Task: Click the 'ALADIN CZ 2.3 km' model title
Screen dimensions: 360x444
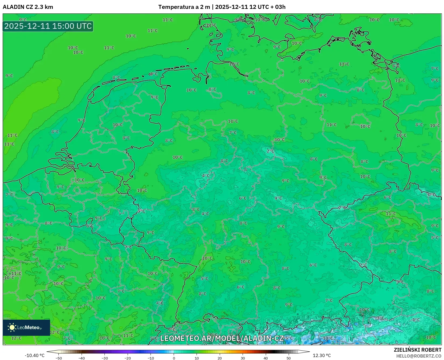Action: [28, 7]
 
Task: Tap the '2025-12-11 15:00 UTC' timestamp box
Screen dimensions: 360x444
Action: [48, 26]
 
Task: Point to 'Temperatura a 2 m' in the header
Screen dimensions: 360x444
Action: [184, 7]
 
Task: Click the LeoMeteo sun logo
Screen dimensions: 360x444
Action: [12, 327]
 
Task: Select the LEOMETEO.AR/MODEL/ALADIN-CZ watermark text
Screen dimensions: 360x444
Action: [222, 338]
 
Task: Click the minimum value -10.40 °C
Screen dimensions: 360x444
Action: [34, 355]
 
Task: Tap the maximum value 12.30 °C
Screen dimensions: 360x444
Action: [322, 355]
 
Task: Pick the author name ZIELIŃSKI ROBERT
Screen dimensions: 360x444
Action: [418, 350]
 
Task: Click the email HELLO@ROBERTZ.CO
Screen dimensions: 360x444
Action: [419, 356]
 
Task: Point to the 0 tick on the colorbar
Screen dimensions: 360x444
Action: [174, 358]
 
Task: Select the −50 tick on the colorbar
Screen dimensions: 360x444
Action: [59, 358]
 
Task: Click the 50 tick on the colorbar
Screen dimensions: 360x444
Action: [289, 358]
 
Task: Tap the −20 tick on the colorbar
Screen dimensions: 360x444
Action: [128, 358]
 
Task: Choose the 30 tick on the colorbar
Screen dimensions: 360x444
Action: [243, 358]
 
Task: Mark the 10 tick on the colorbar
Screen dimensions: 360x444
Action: [197, 358]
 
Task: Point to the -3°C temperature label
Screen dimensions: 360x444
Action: [380, 318]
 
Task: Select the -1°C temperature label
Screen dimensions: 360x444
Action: [416, 320]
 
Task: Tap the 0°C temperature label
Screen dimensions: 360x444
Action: [431, 195]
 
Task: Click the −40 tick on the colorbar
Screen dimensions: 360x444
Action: [82, 358]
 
